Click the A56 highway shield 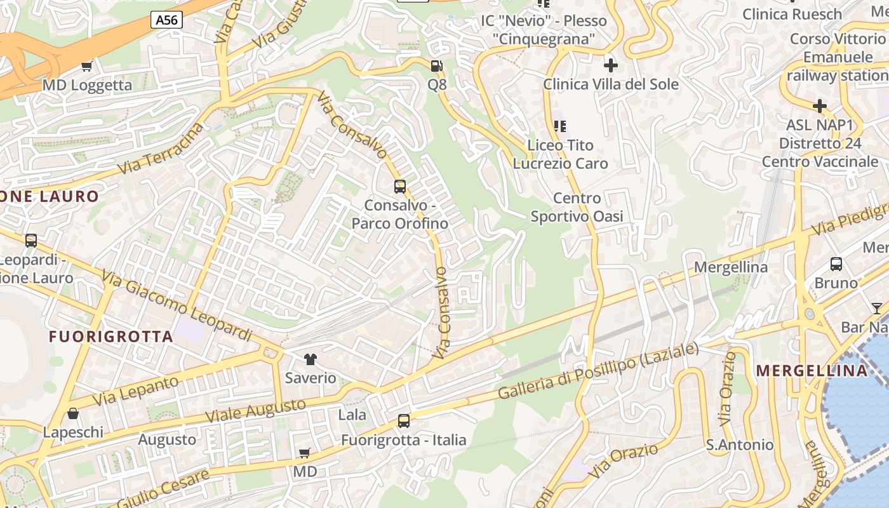coord(167,20)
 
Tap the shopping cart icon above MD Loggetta coord(87,66)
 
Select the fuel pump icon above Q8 coord(436,66)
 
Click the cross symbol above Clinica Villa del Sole coord(610,65)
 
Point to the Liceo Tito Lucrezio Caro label coord(560,154)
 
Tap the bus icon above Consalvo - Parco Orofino coord(399,187)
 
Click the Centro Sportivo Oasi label coord(577,208)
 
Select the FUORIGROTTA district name coord(111,337)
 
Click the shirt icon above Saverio coord(310,359)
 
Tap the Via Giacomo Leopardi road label coord(177,306)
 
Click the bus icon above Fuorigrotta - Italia coord(403,421)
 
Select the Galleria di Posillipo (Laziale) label coord(598,372)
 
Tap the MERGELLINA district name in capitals coord(812,371)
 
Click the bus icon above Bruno coord(836,264)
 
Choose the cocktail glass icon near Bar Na coord(877,309)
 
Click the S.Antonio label coord(740,445)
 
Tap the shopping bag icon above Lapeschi coord(73,414)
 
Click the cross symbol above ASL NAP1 coord(820,105)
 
